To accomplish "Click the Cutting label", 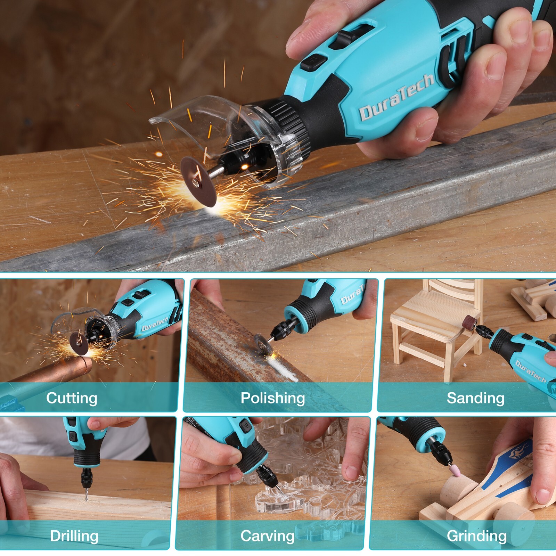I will [72, 398].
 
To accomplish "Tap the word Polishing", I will [273, 398].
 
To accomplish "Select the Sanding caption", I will [475, 398].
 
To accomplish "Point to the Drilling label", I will [74, 536].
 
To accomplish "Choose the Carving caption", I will [267, 536].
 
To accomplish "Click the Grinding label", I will [476, 536].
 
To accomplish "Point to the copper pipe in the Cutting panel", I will [52, 372].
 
